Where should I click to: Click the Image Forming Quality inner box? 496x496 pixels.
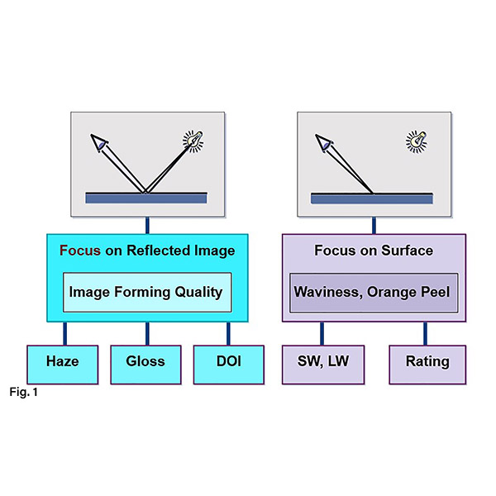click(x=145, y=292)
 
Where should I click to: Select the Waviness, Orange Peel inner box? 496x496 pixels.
click(x=374, y=293)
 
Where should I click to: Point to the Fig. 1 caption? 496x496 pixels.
click(x=24, y=392)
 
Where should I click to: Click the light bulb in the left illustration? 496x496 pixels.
click(x=193, y=141)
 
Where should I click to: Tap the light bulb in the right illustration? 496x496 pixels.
click(x=415, y=141)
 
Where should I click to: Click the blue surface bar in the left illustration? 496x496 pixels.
click(x=146, y=198)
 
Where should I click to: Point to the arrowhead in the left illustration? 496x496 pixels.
click(x=99, y=144)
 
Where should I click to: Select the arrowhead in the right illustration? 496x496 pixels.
click(x=323, y=144)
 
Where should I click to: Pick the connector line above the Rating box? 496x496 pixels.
click(x=426, y=333)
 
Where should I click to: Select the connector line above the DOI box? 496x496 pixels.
click(x=229, y=333)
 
